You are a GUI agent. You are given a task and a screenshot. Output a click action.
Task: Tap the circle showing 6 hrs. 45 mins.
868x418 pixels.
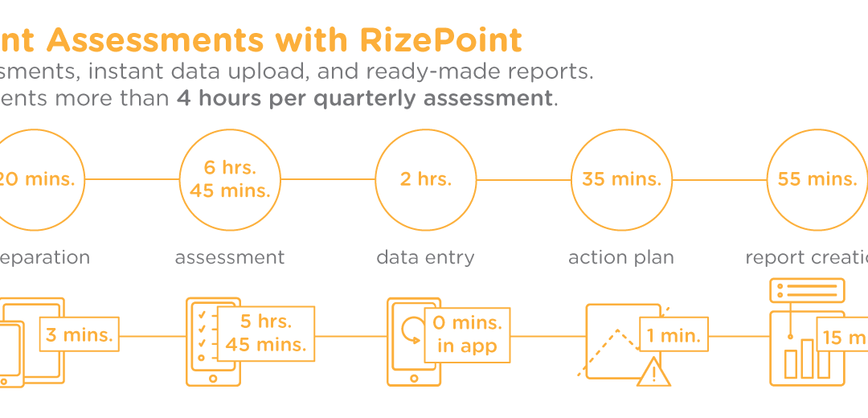230,179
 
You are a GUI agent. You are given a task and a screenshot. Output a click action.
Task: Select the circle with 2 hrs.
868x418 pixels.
426,179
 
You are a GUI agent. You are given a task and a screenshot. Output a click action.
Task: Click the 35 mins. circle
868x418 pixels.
621,179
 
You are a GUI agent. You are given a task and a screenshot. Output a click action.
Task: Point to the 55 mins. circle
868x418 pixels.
817,179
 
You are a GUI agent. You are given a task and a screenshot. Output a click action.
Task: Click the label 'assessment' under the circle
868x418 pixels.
230,257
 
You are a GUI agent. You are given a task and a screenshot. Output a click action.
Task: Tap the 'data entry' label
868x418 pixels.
425,257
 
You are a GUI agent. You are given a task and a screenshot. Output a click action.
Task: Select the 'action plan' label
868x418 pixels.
621,257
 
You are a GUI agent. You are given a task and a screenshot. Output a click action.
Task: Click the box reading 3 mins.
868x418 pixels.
79,334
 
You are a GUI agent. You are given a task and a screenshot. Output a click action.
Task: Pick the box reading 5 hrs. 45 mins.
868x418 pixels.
265,334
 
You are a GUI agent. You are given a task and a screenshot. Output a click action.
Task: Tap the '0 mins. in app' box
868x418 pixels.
467,334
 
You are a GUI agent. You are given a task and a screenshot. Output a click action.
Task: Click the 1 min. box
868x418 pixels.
674,334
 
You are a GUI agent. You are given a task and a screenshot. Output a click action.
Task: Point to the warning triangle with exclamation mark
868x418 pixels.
653,372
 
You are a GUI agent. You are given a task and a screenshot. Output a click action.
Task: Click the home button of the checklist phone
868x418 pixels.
213,379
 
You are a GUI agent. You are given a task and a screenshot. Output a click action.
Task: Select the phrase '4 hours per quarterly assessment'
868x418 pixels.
365,99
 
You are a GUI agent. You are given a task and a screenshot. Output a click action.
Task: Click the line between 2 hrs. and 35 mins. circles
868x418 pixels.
523,179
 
